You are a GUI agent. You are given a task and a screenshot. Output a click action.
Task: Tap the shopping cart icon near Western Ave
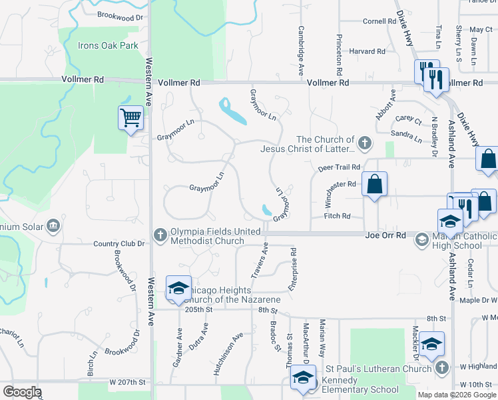click(131, 119)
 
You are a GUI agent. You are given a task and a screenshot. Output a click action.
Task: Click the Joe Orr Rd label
click(385, 235)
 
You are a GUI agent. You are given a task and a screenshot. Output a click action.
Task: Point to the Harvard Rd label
click(368, 51)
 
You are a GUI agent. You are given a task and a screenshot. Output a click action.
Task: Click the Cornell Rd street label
click(379, 21)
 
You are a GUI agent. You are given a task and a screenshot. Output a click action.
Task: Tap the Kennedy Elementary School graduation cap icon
click(303, 377)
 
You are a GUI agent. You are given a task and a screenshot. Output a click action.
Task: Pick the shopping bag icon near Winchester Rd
click(375, 184)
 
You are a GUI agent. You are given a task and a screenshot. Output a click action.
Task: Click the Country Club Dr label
click(119, 244)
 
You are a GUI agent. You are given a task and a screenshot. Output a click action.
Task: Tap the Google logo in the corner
click(22, 392)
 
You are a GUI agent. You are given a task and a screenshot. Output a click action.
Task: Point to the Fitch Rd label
click(337, 216)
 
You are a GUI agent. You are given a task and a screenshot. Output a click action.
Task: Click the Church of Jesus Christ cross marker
click(364, 142)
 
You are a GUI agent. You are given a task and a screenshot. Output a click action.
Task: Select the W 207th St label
click(127, 382)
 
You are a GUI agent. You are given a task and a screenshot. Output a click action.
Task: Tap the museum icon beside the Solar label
click(53, 227)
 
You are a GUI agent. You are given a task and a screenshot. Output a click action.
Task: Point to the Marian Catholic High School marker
click(421, 239)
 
